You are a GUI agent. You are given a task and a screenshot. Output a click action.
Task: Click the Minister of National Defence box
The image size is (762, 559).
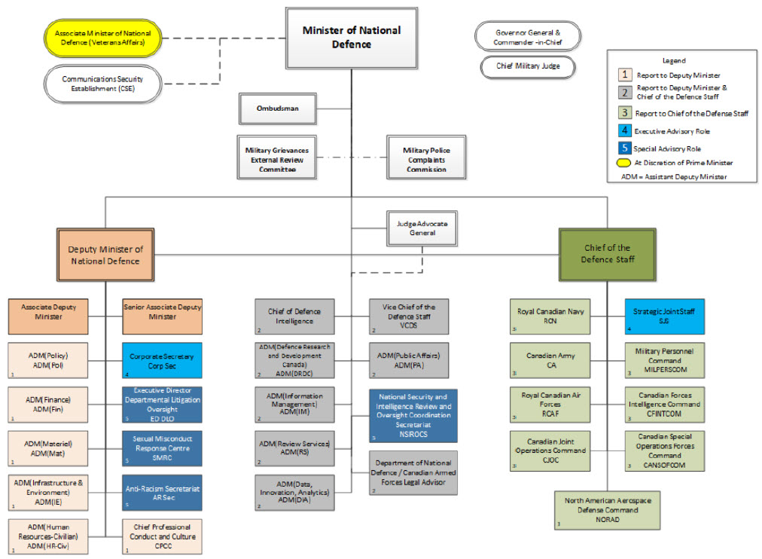pos(351,38)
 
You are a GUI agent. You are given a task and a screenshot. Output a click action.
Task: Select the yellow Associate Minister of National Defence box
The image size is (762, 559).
pos(102,38)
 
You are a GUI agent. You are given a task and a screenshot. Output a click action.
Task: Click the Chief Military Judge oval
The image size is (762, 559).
pos(527,66)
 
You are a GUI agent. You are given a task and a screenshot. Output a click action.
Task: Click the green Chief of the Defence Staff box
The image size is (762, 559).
pos(607,254)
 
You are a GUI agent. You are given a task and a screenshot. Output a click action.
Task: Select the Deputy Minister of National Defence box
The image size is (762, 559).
pos(105,255)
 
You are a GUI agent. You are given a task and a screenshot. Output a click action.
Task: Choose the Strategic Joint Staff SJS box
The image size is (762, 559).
pos(664,316)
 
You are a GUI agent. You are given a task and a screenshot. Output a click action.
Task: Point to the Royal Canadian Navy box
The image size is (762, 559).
pos(550,316)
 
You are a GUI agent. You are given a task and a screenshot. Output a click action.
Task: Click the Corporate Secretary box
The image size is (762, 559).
pos(162,359)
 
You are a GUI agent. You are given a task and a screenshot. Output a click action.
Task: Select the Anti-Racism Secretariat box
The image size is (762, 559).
pos(162,493)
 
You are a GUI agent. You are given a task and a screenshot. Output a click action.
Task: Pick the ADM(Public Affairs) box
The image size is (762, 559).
pos(413,359)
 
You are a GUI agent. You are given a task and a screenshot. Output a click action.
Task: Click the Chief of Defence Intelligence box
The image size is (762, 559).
pos(294,316)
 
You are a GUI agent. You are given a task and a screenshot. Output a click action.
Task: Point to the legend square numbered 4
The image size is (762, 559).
pos(623,131)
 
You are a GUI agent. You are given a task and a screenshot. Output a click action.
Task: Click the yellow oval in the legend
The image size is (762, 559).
pos(623,163)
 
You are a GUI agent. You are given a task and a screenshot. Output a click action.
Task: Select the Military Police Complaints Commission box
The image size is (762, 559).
pos(426,160)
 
